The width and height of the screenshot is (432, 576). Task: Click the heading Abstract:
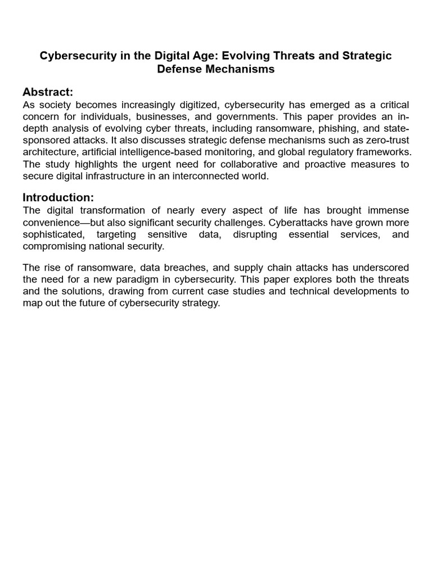[x=48, y=92]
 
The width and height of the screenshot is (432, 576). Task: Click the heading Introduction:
[x=58, y=197]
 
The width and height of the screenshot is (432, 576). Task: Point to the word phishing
[x=327, y=129]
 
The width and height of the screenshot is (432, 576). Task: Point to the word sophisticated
[x=53, y=235]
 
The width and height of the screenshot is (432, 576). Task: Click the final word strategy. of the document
[x=202, y=303]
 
